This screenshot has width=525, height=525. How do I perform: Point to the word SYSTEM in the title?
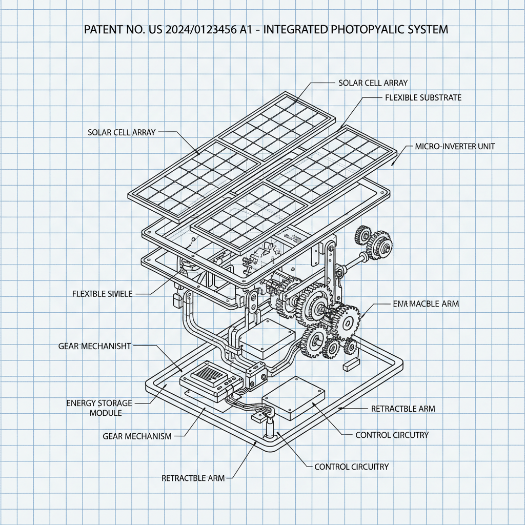point(427,29)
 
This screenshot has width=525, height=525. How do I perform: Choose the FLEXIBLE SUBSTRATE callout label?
point(422,97)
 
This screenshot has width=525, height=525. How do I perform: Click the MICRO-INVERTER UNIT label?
point(455,147)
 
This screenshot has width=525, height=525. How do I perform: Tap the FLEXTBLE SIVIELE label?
point(103,294)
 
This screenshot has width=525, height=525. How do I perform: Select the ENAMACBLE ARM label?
point(426,304)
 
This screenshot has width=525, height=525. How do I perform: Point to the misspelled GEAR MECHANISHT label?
point(95,346)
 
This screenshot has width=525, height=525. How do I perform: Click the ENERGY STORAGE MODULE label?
point(99,408)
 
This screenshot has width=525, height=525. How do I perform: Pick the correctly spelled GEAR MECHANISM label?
point(137,436)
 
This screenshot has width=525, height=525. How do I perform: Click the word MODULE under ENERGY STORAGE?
point(106,413)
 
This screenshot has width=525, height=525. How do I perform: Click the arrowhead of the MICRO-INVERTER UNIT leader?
point(393,164)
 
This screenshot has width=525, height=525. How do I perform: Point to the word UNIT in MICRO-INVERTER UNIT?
point(486,147)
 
